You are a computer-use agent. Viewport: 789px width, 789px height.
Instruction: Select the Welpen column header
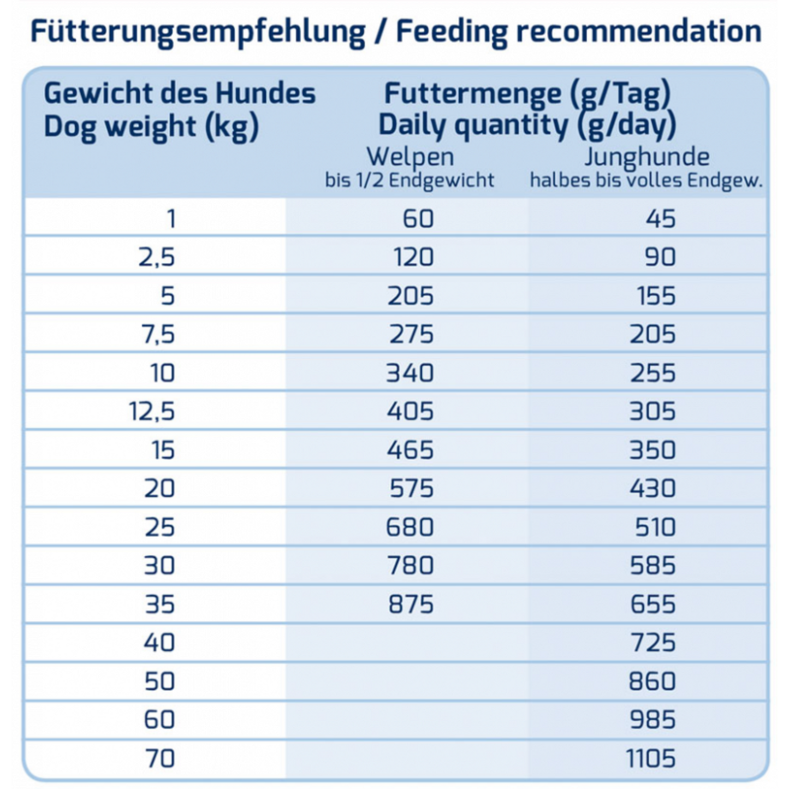[x=410, y=157]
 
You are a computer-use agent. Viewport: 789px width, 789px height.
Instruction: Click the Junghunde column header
[x=647, y=157]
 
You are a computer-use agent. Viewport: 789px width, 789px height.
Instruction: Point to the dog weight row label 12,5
[x=152, y=411]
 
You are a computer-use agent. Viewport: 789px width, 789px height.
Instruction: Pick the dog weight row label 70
[x=159, y=758]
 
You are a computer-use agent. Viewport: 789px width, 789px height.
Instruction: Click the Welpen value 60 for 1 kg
[x=418, y=219]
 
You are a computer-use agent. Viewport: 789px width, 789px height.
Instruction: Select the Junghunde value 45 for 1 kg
[x=661, y=219]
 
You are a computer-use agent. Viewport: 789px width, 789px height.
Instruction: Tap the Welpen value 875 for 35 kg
[x=411, y=604]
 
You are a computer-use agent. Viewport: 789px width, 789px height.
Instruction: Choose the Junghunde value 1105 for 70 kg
[x=651, y=758]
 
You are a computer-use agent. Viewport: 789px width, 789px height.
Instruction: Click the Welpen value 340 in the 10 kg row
[x=410, y=373]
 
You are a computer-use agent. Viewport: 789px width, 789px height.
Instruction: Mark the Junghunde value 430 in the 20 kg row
[x=652, y=488]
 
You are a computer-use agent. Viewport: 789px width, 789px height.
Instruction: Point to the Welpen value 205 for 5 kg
[x=411, y=296]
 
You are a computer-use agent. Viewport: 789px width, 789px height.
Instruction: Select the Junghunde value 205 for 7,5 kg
[x=652, y=334]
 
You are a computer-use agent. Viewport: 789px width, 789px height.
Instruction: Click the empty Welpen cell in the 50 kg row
[x=407, y=681]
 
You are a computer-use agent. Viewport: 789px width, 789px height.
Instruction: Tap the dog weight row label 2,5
[x=157, y=257]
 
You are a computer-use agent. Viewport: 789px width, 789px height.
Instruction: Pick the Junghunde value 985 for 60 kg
[x=652, y=720]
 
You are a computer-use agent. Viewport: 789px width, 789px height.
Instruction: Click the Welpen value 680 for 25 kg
[x=410, y=527]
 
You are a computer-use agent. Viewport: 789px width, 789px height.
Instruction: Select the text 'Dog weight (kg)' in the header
[x=151, y=127]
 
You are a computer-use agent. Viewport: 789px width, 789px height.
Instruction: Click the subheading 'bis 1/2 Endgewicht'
[x=410, y=180]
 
